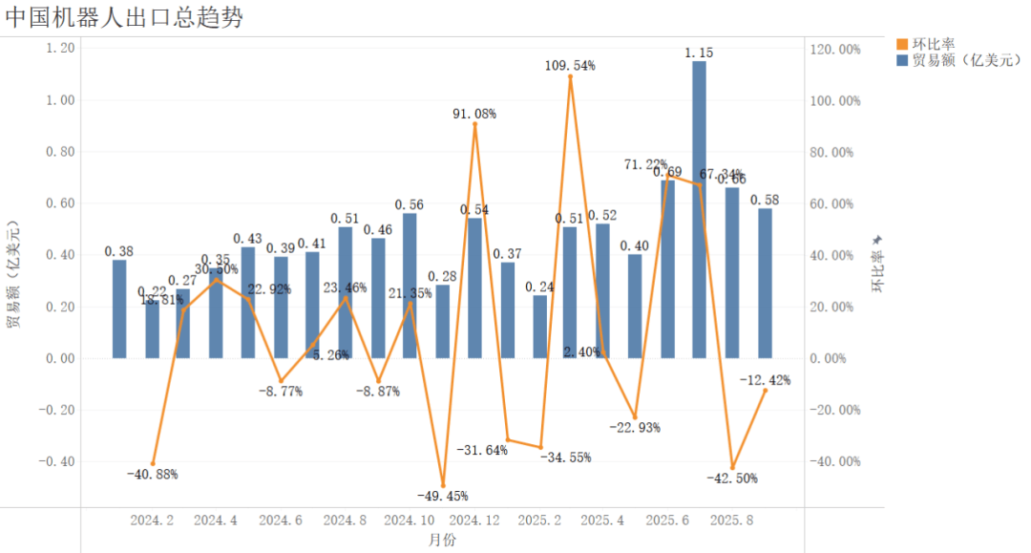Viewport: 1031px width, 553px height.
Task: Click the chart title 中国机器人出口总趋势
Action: tap(124, 18)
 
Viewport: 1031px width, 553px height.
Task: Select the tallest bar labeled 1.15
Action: tap(699, 210)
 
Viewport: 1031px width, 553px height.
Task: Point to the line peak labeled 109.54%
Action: tap(571, 76)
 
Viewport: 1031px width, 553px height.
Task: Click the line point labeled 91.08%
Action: tap(474, 124)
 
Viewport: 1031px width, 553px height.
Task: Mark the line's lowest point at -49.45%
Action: tap(443, 485)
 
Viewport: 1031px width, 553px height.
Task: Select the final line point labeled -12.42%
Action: tap(765, 390)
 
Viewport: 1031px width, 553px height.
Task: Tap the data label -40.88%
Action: tap(152, 475)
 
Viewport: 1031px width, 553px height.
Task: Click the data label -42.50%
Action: tap(733, 479)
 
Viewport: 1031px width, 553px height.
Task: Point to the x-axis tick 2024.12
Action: tap(474, 521)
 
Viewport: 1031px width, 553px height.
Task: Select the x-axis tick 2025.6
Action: tap(667, 521)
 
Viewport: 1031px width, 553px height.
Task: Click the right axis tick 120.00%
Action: tap(835, 49)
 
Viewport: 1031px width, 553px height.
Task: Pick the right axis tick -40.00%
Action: tap(835, 461)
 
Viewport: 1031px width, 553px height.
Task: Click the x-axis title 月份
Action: tap(441, 541)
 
